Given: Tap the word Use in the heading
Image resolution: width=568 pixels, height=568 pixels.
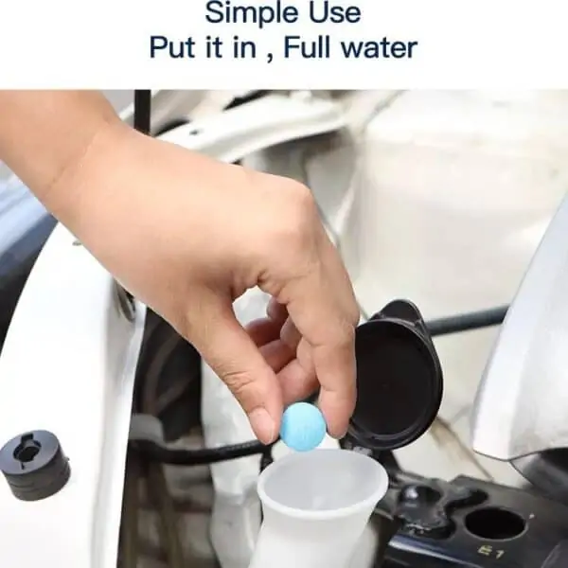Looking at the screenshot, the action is (x=335, y=13).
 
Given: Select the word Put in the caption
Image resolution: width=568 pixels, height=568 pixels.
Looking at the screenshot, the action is (x=172, y=47).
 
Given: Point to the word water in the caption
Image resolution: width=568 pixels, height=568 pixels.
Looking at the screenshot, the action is (x=380, y=48).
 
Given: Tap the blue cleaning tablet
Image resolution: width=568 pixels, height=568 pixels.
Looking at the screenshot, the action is (x=303, y=427).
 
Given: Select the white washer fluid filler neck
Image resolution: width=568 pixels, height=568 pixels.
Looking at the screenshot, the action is (x=323, y=507).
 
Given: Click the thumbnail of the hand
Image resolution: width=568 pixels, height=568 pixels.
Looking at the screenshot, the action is (x=264, y=424).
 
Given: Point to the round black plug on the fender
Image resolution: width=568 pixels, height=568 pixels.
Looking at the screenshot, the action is (x=34, y=465).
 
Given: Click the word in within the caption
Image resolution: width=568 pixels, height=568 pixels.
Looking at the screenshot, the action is (x=244, y=47).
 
